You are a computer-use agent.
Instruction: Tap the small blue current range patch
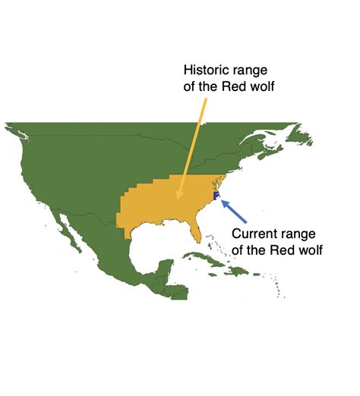coord(216,195)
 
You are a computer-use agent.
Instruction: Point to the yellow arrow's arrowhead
coord(178,196)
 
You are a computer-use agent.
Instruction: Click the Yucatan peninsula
coord(162,269)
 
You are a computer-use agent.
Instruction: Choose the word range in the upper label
coord(250,70)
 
